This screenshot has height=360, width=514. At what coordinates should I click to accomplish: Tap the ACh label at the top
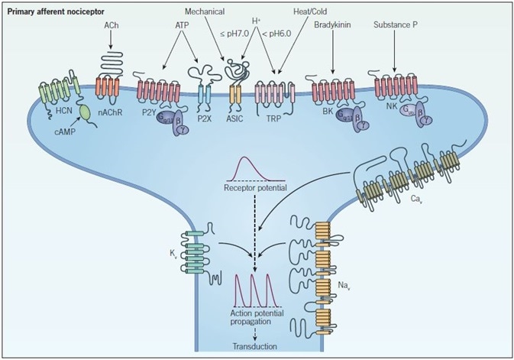click(110, 26)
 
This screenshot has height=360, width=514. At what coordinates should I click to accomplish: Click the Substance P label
click(395, 26)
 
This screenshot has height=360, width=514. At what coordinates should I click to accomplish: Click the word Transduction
click(256, 345)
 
